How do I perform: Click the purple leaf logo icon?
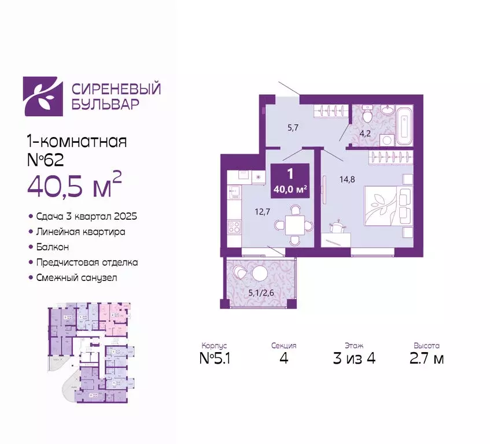42,96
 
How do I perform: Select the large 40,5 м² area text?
75,185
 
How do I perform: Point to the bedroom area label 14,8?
347,179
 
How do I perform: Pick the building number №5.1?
215,358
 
